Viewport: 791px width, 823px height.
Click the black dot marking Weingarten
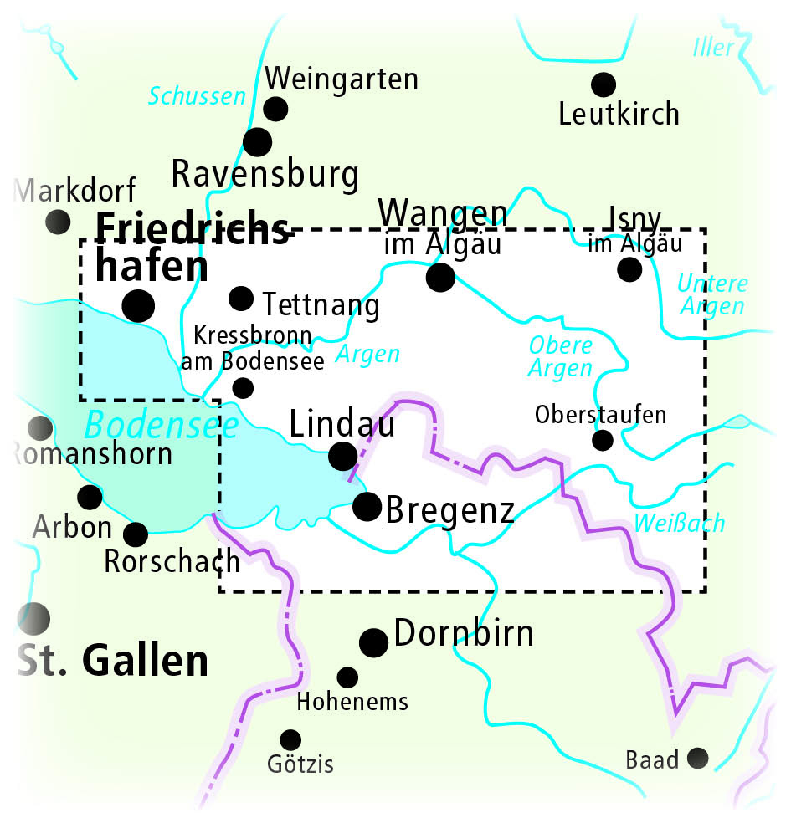[275, 109]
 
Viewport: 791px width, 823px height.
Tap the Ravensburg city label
[265, 175]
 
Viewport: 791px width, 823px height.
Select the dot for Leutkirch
[603, 84]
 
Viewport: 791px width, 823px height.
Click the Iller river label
[713, 48]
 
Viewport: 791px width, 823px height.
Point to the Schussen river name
[197, 96]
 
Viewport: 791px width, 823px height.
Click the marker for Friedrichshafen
[138, 305]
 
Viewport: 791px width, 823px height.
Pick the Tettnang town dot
[241, 298]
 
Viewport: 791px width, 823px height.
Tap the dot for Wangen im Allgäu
[440, 276]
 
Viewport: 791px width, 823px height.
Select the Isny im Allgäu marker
[629, 269]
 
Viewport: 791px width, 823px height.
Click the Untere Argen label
[713, 294]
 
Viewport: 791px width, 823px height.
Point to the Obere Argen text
[560, 356]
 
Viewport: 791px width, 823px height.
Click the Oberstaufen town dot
[603, 440]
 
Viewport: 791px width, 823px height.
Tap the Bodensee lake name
[161, 427]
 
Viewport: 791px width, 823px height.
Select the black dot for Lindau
[342, 456]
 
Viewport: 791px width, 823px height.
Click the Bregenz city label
[449, 509]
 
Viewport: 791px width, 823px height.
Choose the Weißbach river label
[679, 524]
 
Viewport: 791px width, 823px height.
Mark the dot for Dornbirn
[373, 642]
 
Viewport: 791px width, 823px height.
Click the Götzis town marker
[290, 739]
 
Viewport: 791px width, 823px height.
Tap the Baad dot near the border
[696, 759]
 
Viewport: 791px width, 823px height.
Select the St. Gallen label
[113, 661]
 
